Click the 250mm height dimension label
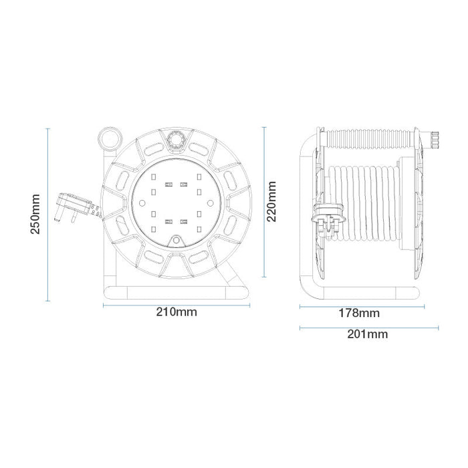click(x=36, y=214)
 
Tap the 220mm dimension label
click(x=271, y=201)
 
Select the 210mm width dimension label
click(x=177, y=312)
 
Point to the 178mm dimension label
click(x=359, y=313)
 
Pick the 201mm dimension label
click(x=368, y=334)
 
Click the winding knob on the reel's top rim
click(x=176, y=139)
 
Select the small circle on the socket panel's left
click(x=142, y=203)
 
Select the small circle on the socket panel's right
click(x=210, y=203)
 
